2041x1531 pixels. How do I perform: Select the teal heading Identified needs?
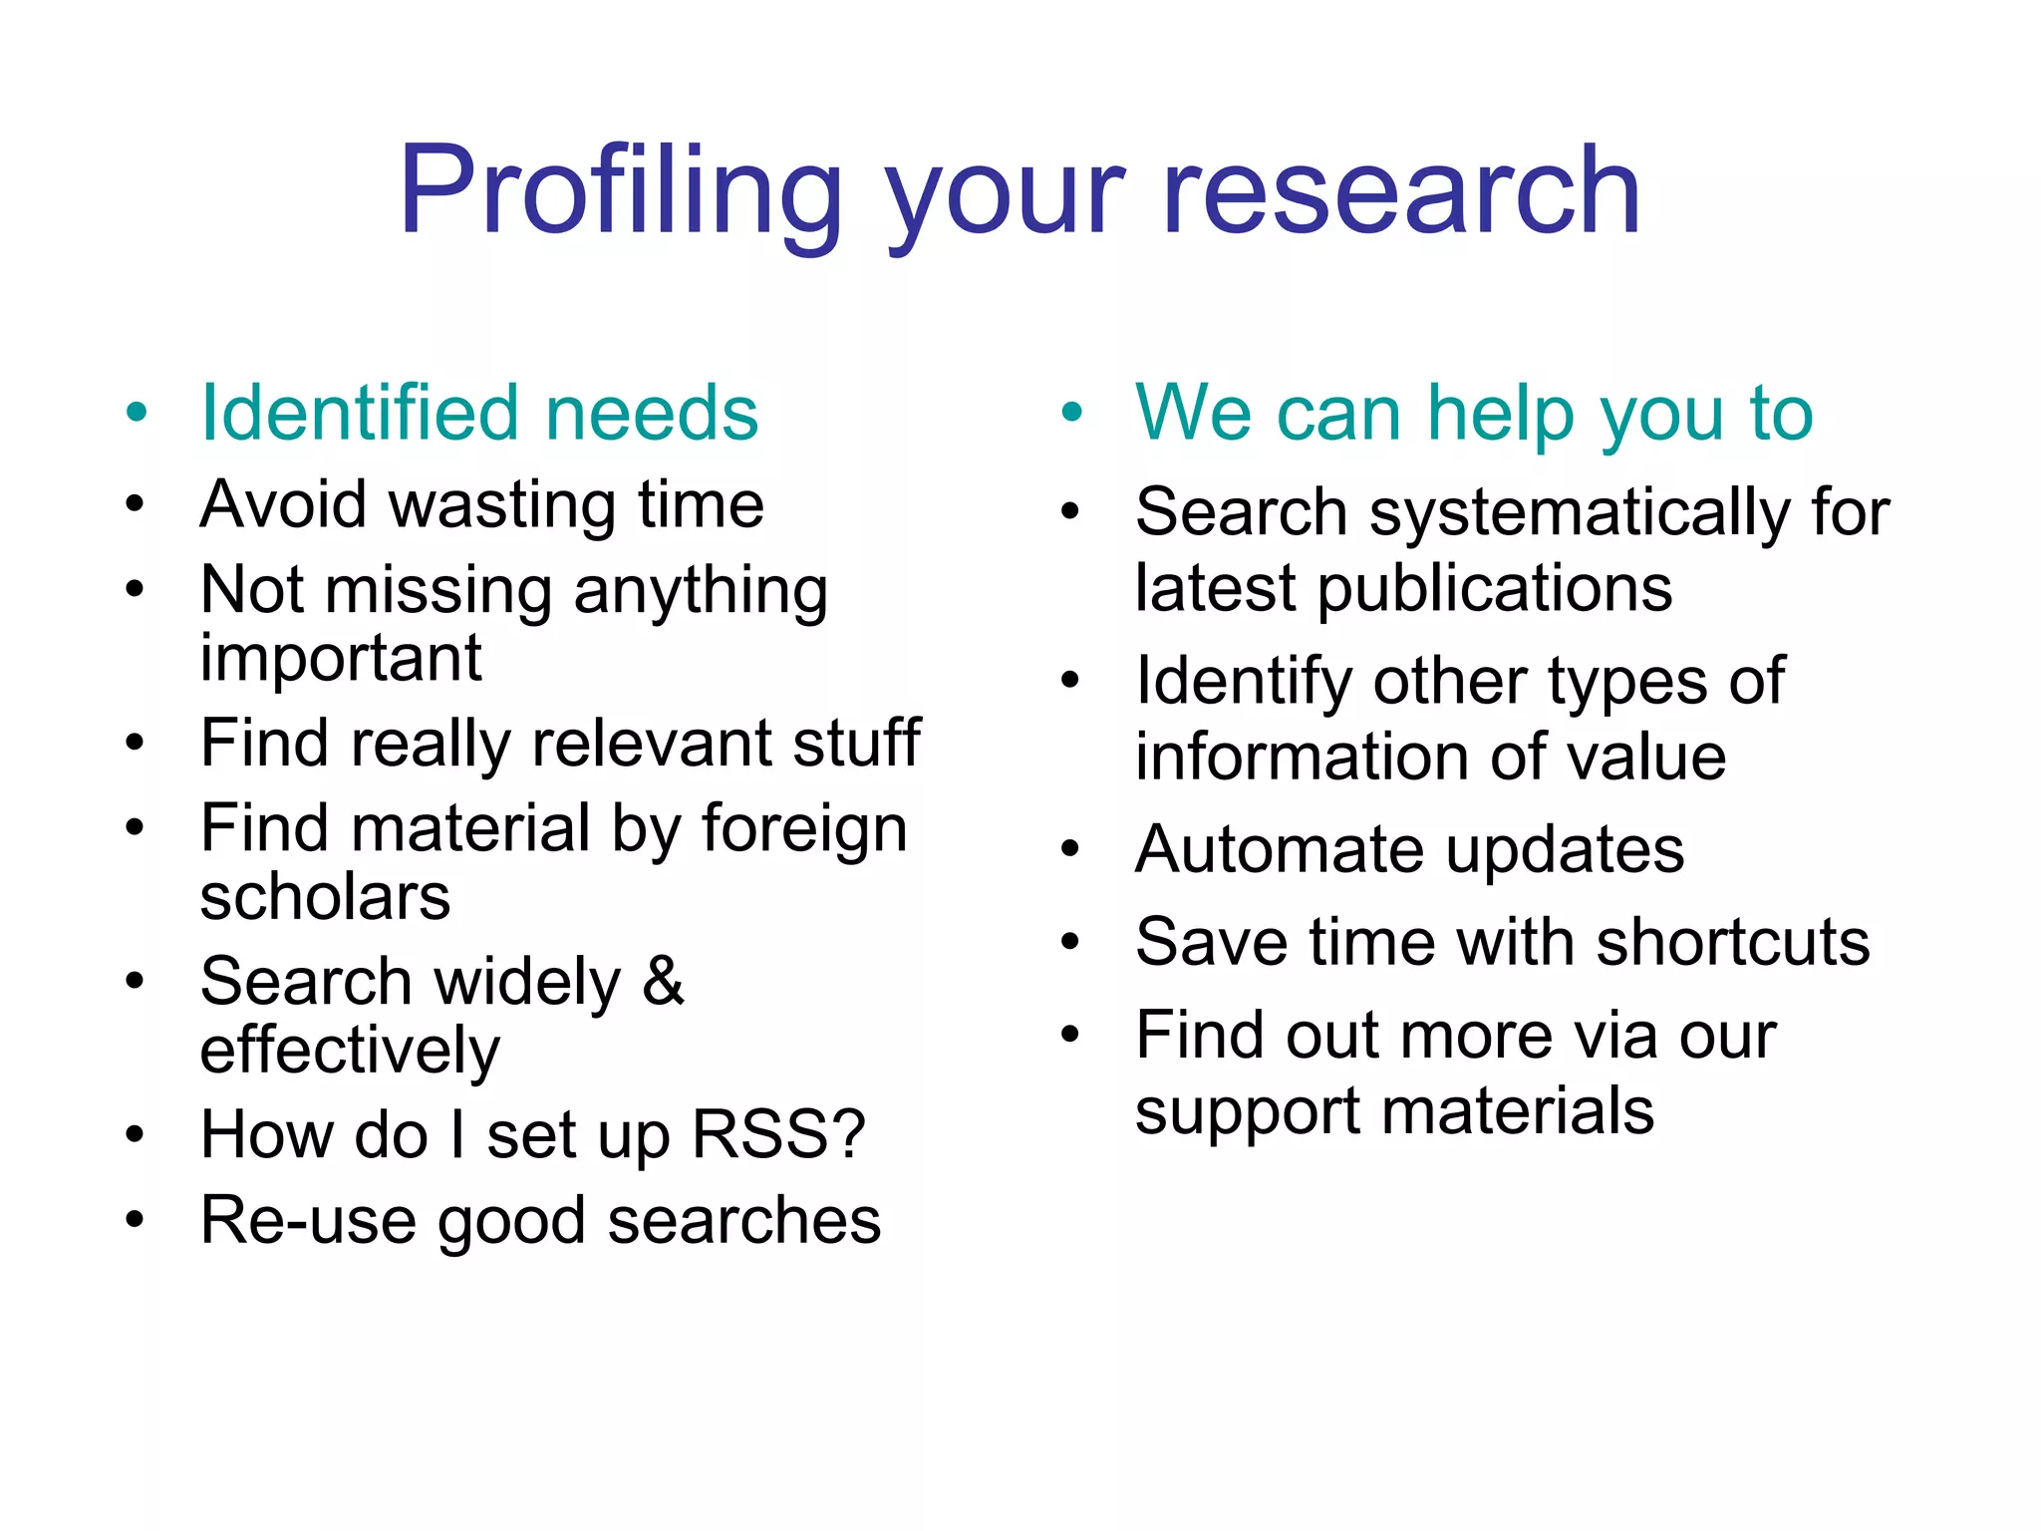479,413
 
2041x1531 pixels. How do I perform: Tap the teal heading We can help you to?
1474,413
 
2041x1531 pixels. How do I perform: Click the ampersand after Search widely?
663,981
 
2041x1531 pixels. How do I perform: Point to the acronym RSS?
778,1134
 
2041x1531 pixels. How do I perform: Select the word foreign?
804,829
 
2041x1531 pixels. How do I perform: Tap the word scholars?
325,897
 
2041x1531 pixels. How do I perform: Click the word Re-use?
308,1220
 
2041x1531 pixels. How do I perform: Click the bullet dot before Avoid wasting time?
135,503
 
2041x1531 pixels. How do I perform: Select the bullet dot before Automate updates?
1070,849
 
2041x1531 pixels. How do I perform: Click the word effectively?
350,1052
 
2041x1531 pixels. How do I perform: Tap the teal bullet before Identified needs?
137,412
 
